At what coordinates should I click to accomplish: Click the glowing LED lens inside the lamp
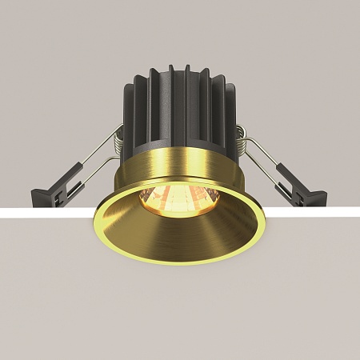tap(179, 196)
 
